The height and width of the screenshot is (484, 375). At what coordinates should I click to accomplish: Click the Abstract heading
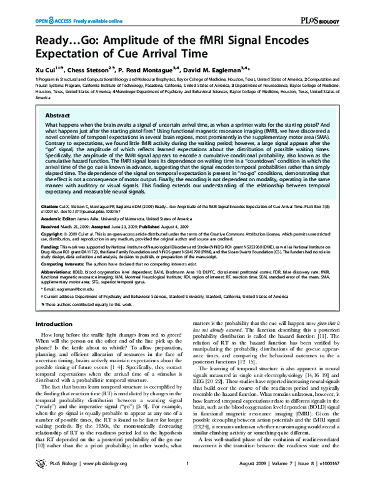click(x=58, y=116)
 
